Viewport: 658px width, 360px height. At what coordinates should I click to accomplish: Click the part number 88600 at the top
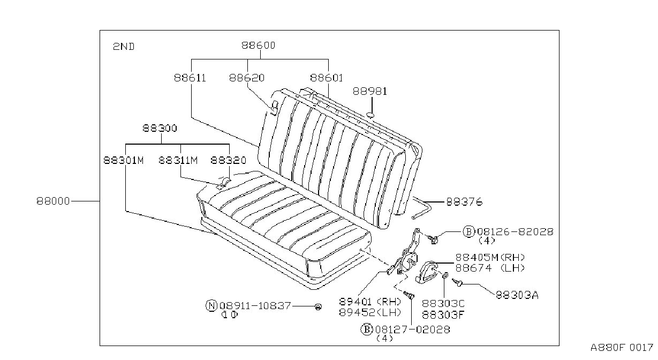259,45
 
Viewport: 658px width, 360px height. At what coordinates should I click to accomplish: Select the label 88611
190,78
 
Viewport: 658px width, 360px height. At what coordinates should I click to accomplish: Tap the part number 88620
247,78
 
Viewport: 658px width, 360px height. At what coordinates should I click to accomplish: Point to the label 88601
327,78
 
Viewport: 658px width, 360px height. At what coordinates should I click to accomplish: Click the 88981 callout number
370,92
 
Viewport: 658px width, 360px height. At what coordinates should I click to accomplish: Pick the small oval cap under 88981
370,115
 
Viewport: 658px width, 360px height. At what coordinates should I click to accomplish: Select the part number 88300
160,129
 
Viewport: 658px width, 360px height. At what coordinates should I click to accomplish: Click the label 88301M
124,161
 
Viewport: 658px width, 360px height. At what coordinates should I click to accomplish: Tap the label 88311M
178,161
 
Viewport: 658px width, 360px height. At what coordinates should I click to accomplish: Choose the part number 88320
229,161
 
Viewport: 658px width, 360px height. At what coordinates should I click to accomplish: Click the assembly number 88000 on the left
53,201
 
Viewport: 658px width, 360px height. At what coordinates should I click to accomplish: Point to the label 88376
464,202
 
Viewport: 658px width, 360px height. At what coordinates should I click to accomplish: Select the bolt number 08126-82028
515,232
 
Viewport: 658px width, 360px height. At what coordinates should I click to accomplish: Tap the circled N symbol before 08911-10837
211,306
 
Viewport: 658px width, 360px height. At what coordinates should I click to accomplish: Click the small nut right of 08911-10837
318,307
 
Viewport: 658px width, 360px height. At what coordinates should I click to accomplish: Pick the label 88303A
517,295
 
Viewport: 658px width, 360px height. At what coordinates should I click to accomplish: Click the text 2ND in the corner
124,47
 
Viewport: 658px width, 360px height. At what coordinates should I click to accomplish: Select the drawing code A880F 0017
622,348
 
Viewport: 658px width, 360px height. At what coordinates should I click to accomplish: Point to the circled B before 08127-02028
367,329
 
